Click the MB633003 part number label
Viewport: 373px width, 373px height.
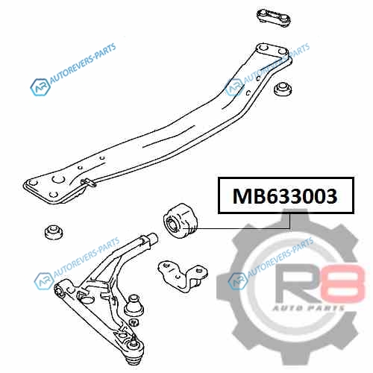tap(286, 195)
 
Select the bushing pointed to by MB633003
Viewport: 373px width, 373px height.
tap(180, 221)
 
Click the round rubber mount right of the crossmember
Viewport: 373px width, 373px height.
tap(283, 89)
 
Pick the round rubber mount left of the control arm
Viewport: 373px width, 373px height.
tap(54, 232)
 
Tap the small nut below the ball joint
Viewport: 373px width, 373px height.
tap(134, 322)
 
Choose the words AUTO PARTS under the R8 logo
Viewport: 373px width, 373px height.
tap(308, 308)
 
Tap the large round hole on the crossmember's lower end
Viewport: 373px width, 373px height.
tap(59, 179)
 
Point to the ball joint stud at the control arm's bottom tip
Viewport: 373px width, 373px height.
tap(135, 353)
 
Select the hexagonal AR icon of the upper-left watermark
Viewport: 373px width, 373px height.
tap(40, 87)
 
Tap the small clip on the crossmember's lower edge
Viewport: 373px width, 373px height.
tap(88, 182)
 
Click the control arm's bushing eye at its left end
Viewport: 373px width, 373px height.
tap(59, 291)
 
